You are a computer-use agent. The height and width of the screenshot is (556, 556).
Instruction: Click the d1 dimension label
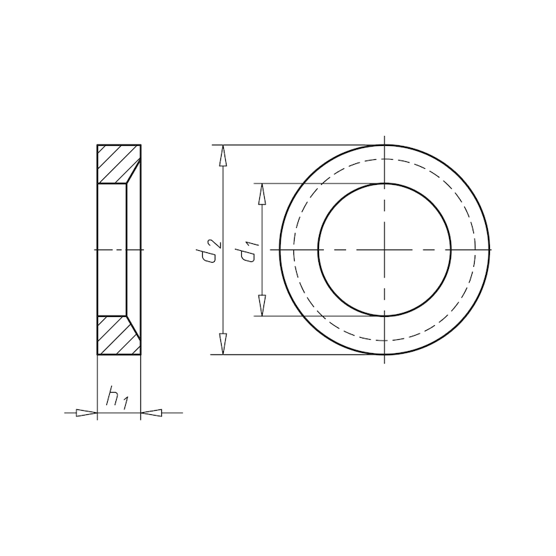click(249, 252)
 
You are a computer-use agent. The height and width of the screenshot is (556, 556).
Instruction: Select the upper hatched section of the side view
click(115, 164)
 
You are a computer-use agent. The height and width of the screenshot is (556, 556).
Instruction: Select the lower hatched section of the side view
click(115, 336)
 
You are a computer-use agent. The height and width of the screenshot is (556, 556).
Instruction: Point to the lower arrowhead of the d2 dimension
click(223, 345)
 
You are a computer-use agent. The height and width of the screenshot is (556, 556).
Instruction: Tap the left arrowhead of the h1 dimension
click(86, 414)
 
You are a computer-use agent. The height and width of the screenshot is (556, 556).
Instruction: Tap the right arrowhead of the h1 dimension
click(152, 414)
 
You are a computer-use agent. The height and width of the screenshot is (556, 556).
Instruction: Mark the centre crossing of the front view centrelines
click(384, 250)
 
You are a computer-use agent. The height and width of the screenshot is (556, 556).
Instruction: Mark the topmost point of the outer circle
click(384, 145)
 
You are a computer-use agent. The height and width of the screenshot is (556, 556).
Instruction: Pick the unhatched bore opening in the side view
click(111, 250)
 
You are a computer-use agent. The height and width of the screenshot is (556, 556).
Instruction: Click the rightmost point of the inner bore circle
click(451, 250)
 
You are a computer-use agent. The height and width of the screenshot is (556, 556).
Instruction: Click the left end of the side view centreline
click(91, 250)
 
